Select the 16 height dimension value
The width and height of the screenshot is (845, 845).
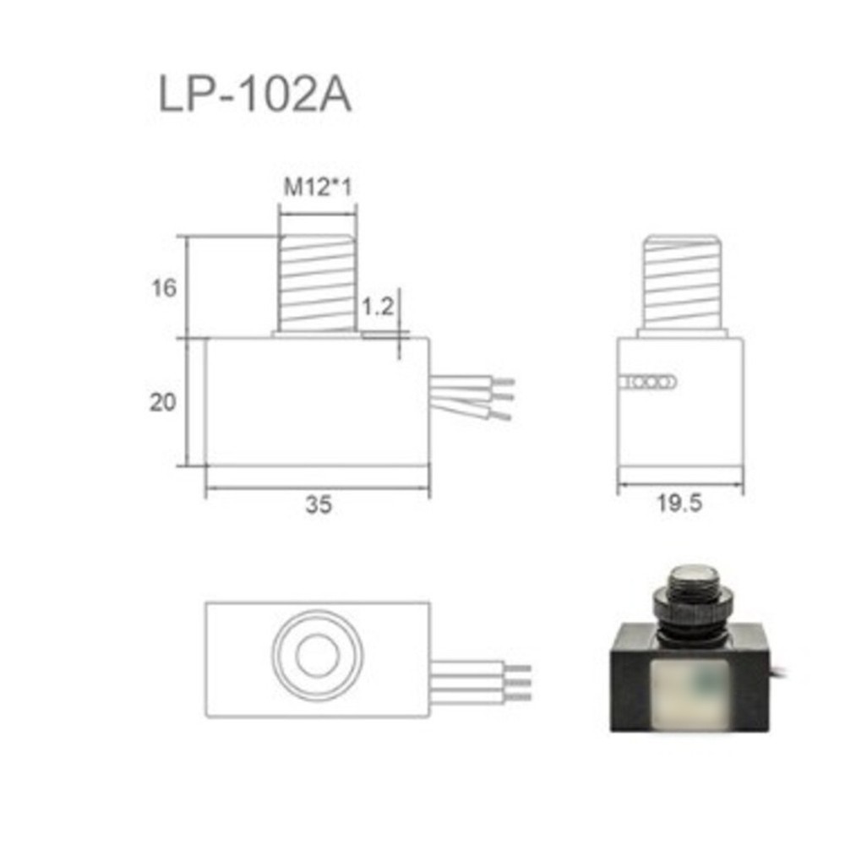(x=165, y=288)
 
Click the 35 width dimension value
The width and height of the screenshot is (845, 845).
(x=319, y=504)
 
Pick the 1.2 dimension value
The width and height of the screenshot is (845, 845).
(x=378, y=306)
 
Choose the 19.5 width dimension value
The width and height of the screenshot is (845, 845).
(x=680, y=504)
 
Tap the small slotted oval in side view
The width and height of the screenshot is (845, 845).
(x=647, y=383)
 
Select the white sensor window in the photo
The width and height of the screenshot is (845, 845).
(x=690, y=693)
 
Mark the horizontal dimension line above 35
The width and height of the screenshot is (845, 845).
(x=318, y=488)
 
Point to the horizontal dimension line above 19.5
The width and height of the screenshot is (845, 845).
(x=680, y=484)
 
